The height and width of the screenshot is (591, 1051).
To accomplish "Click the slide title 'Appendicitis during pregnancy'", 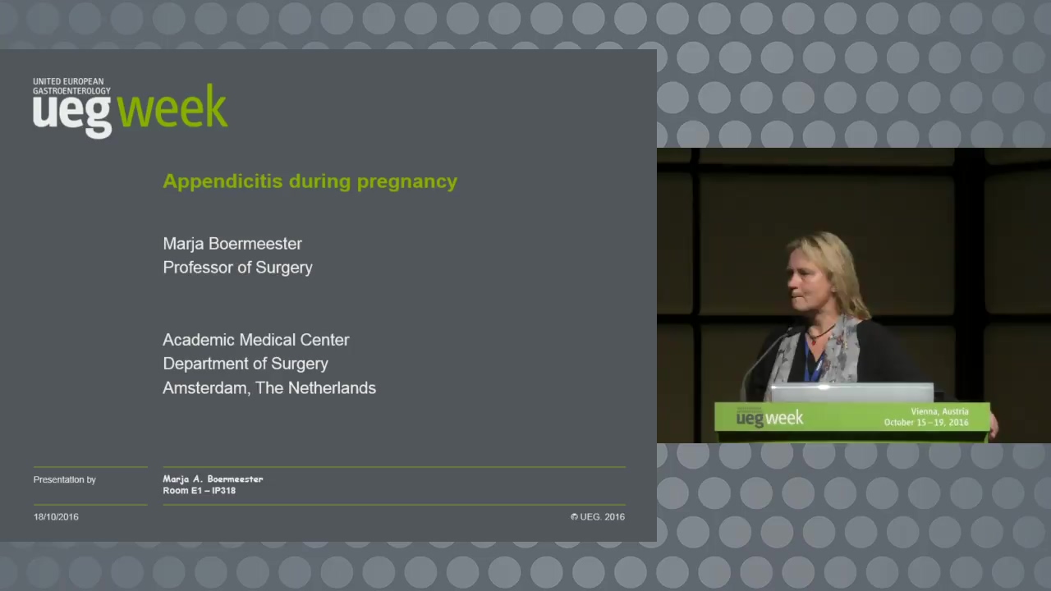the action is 310,182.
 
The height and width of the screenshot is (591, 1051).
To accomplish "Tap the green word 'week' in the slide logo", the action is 172,107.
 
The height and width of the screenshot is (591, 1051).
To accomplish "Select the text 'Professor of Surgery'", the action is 237,268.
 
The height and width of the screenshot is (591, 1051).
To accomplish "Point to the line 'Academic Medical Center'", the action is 255,340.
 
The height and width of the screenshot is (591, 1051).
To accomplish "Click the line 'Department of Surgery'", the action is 246,364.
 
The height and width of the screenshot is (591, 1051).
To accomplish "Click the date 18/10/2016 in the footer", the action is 56,517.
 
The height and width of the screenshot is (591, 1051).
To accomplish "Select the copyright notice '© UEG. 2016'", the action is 597,517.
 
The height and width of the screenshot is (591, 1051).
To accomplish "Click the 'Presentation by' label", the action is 64,480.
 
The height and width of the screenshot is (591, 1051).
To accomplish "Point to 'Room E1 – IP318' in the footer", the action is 199,491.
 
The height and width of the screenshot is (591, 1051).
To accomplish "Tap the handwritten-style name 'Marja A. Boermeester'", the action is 213,479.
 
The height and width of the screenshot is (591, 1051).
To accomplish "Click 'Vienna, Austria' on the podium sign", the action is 939,412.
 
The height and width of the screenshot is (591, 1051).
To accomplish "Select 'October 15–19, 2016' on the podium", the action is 926,423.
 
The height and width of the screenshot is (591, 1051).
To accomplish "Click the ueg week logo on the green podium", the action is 769,418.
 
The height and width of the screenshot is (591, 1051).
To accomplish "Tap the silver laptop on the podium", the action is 852,392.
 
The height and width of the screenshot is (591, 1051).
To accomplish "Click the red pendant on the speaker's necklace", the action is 814,341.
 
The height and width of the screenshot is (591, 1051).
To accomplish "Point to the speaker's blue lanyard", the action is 812,364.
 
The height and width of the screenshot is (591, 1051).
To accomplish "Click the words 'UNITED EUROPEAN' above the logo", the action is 68,81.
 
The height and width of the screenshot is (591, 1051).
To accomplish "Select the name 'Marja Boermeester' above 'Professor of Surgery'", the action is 232,244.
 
